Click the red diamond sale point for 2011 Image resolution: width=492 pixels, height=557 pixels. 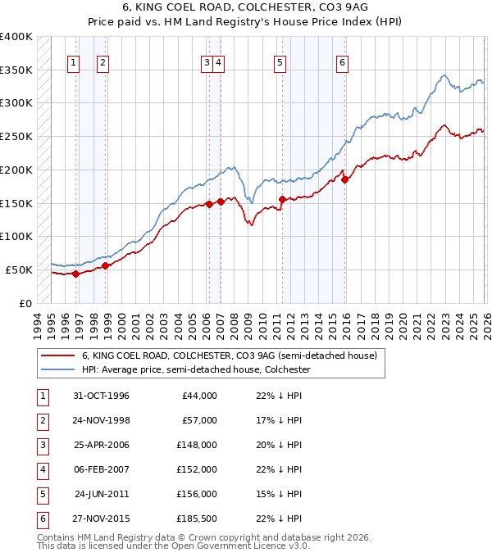click(x=282, y=199)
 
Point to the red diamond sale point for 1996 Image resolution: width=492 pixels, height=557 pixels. click(x=75, y=274)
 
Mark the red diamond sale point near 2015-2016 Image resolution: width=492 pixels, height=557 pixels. click(x=345, y=179)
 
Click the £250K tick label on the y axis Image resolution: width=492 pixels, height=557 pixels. click(x=16, y=137)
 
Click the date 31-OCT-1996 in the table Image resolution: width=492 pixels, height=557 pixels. click(x=101, y=396)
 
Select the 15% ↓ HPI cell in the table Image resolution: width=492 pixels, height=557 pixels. click(x=280, y=494)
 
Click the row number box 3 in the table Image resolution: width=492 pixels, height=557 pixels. click(x=42, y=445)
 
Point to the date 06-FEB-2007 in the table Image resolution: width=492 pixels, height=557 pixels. click(x=101, y=469)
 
